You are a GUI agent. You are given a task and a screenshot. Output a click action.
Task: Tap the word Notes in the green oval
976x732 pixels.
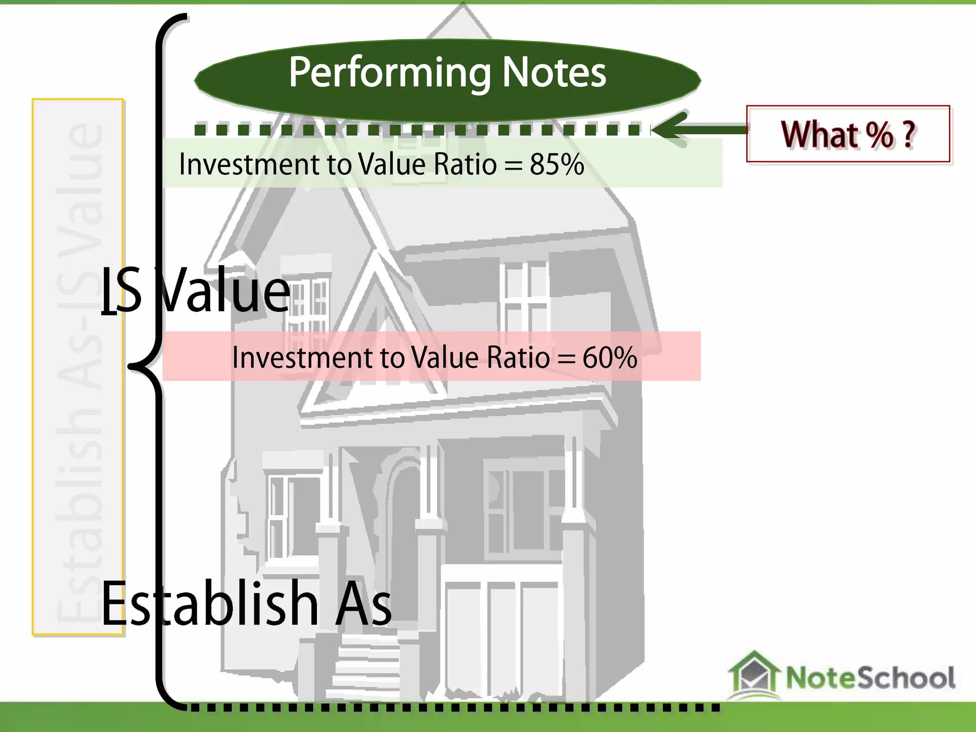554,73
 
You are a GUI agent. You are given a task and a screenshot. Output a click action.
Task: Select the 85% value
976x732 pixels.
557,165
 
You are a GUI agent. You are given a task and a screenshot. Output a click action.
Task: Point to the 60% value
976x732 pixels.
610,357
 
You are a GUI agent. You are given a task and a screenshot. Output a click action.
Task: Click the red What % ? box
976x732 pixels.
848,134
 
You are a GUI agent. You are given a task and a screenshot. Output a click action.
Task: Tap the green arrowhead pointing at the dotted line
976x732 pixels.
667,130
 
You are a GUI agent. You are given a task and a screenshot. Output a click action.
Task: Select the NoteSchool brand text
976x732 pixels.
870,678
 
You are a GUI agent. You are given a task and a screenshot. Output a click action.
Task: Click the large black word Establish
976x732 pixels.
210,603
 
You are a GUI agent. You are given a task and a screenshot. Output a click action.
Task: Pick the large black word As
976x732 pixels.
363,603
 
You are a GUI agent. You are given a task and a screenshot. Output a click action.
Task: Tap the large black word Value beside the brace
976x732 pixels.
224,291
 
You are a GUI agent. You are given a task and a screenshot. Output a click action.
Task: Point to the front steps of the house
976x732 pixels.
367,667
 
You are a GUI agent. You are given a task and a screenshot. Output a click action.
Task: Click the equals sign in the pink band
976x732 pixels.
566,358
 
